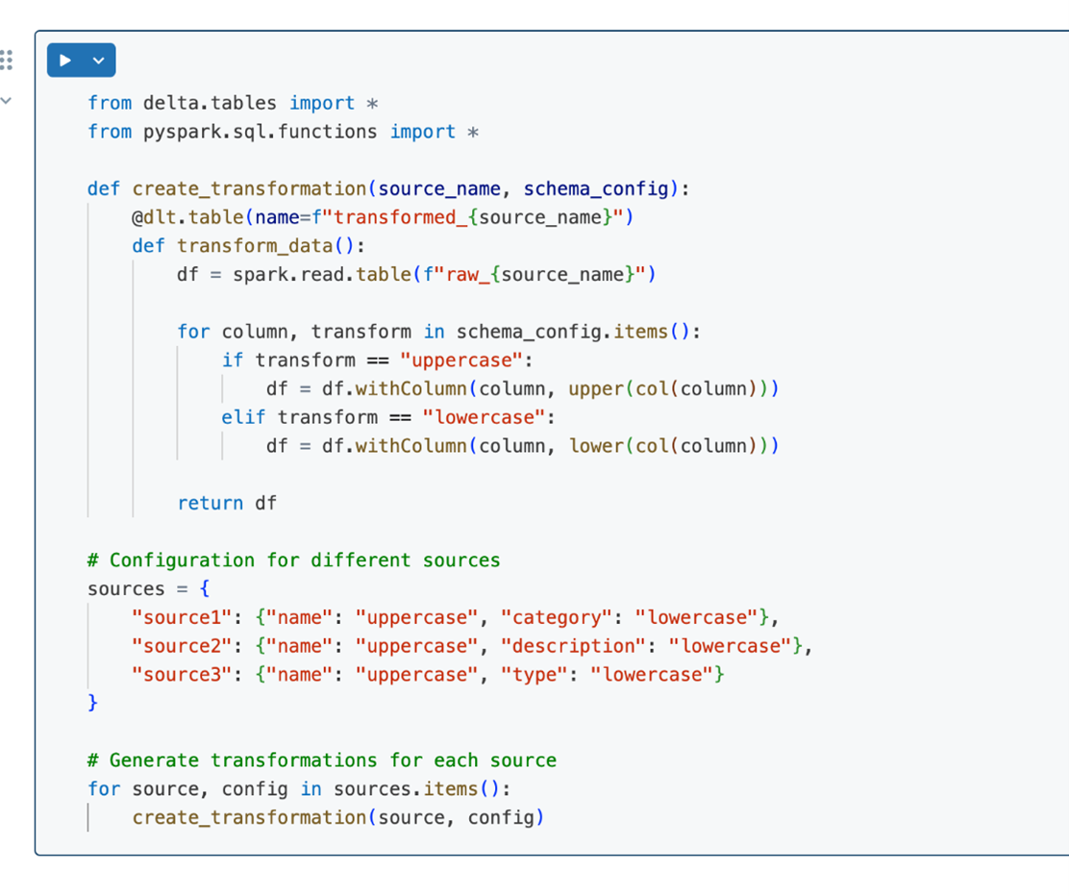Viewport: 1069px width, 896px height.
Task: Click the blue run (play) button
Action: click(65, 60)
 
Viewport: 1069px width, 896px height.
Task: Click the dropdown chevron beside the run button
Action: click(99, 60)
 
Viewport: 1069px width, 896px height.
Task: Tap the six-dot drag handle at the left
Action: click(7, 60)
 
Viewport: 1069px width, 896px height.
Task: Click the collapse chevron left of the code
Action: click(6, 101)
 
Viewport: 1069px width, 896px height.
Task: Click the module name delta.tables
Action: click(210, 103)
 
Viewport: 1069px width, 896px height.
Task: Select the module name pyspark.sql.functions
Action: click(260, 132)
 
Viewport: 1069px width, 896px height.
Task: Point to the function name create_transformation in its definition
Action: click(250, 188)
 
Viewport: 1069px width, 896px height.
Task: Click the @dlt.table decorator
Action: click(187, 217)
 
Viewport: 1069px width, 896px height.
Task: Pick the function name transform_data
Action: click(255, 246)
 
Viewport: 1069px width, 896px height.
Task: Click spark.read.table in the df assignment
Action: click(322, 275)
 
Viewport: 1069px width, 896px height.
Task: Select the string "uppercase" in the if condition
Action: click(461, 361)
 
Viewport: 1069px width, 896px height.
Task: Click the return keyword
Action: click(210, 503)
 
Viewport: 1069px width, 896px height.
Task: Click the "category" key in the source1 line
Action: click(556, 618)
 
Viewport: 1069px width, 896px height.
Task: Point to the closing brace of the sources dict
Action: click(92, 703)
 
